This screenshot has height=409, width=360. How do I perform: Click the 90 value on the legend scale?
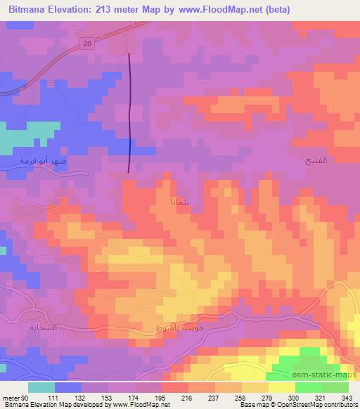26,379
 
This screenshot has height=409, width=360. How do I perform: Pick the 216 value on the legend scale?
187,379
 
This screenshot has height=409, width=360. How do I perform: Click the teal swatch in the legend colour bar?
41,387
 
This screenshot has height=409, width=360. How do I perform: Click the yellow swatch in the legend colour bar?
282,387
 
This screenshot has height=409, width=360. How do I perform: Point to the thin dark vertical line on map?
130,112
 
